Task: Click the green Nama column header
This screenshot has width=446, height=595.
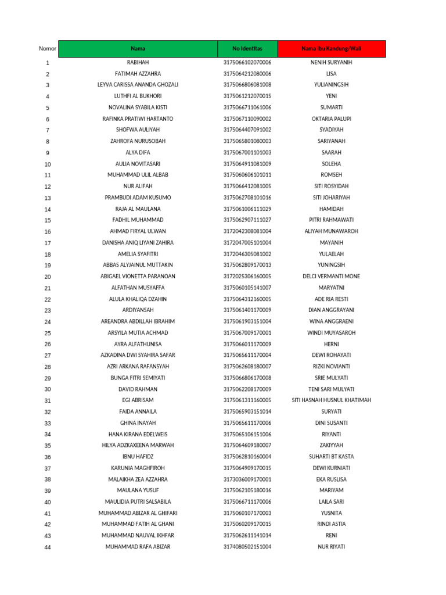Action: click(x=138, y=49)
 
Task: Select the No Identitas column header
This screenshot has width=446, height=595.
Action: click(x=247, y=49)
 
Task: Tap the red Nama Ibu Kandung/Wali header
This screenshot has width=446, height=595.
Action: click(x=332, y=49)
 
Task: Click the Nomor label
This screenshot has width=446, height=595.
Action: click(x=48, y=49)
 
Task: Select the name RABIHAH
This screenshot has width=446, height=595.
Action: click(x=138, y=62)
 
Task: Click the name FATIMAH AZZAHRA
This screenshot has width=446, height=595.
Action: click(x=138, y=74)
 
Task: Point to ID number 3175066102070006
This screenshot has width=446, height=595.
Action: click(x=247, y=62)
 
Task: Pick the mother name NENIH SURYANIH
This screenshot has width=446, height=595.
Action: click(x=332, y=62)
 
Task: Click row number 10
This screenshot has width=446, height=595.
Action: click(x=48, y=164)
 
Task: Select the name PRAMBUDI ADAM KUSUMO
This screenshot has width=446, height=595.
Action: click(x=138, y=198)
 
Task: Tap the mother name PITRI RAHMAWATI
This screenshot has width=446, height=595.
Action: click(x=332, y=220)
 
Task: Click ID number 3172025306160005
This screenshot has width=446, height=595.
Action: click(x=247, y=277)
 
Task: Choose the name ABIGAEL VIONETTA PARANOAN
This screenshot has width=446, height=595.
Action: click(x=138, y=277)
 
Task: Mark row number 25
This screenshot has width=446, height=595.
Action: click(x=48, y=334)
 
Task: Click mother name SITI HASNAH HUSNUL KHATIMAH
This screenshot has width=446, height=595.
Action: click(x=332, y=400)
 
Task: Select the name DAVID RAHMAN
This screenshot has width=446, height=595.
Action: click(x=138, y=389)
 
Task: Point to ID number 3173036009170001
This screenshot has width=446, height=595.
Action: click(x=247, y=479)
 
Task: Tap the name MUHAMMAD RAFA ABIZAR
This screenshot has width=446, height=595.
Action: click(x=138, y=547)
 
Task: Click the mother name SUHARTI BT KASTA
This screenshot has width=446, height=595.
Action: click(x=332, y=457)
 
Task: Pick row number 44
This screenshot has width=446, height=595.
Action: click(x=48, y=547)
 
